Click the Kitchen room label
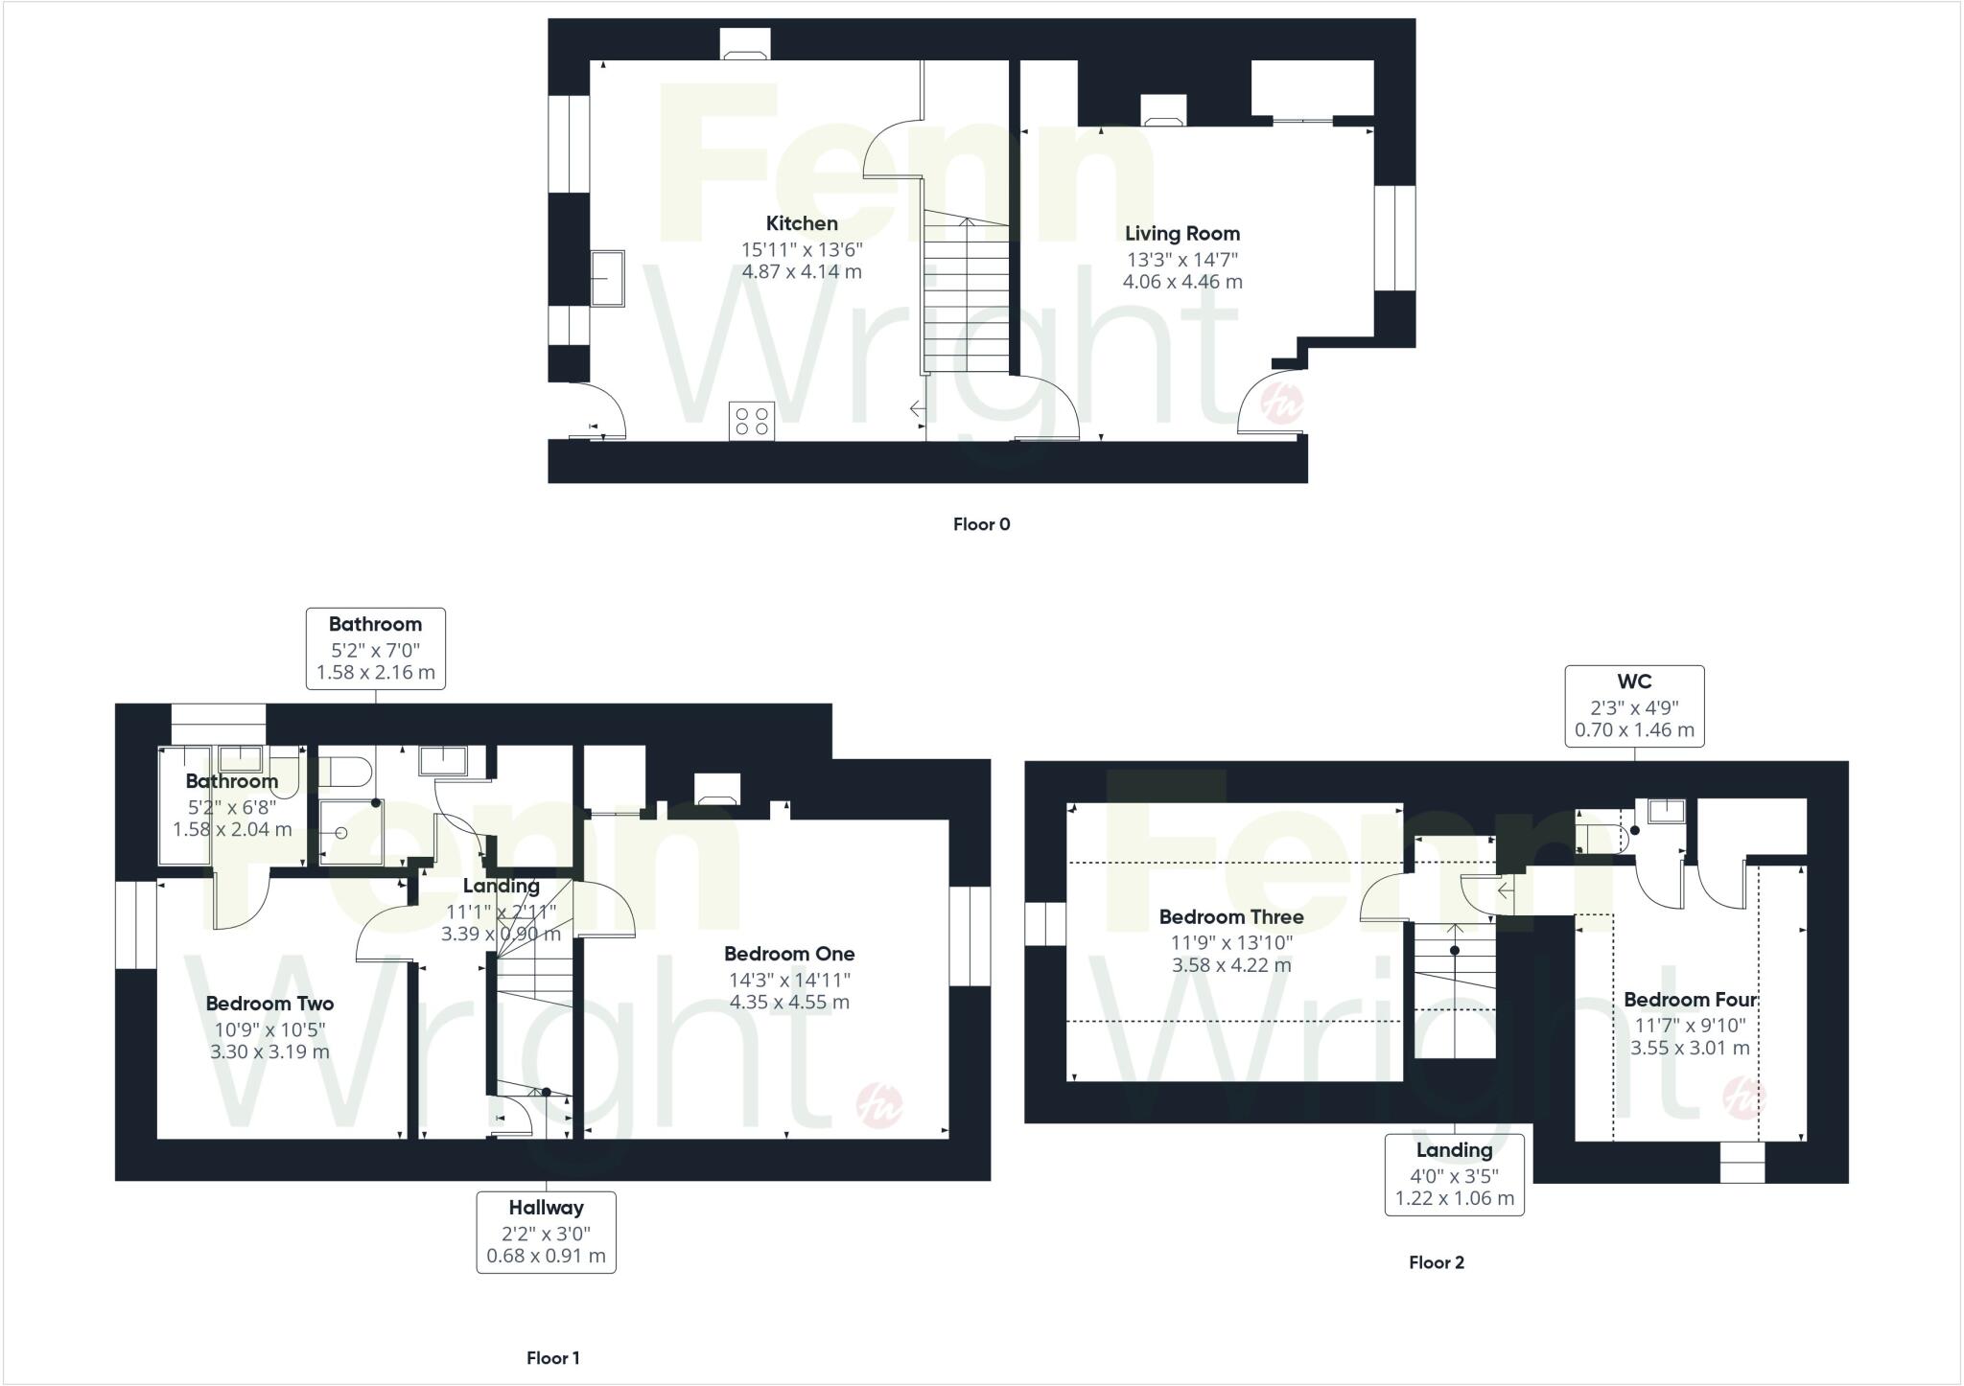tap(802, 223)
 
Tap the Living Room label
tap(1181, 233)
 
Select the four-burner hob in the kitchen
tap(752, 421)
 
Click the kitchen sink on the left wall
tap(607, 278)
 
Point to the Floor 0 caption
tap(981, 524)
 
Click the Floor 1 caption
tap(553, 1357)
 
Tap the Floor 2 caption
tap(1436, 1262)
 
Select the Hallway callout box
tap(546, 1232)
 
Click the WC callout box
tap(1634, 706)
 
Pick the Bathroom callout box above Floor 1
tap(375, 648)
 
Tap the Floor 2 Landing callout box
tap(1454, 1174)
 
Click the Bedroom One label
tap(788, 954)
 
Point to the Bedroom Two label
tap(269, 1004)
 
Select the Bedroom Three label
tap(1230, 916)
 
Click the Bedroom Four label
tap(1690, 1000)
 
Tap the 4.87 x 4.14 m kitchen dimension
tap(802, 271)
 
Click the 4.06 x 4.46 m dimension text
tap(1181, 282)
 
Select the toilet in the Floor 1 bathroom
tap(344, 771)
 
